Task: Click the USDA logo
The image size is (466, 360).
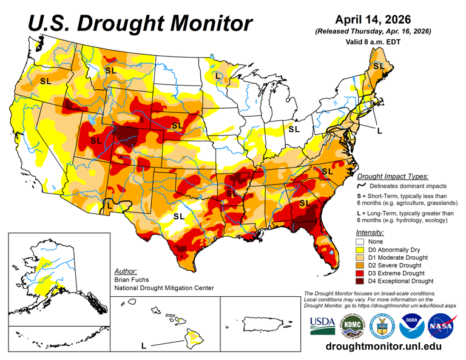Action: (x=322, y=325)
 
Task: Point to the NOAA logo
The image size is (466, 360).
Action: (x=412, y=327)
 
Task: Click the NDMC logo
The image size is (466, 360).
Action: (x=352, y=327)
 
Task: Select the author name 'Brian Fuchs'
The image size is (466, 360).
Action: (x=131, y=280)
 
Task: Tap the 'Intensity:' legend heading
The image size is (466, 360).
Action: (x=370, y=231)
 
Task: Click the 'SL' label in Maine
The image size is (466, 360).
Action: (x=379, y=66)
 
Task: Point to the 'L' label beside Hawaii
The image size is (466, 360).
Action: (x=143, y=345)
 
